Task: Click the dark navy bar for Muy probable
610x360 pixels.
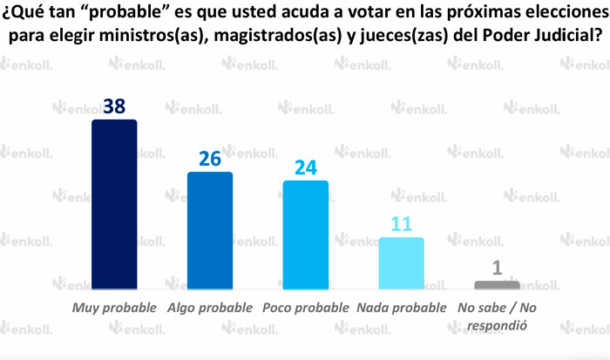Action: [114, 204]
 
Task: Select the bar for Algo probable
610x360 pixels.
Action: [210, 230]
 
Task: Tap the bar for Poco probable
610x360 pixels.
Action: [306, 234]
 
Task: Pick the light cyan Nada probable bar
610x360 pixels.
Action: [402, 262]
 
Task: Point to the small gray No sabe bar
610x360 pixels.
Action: [497, 284]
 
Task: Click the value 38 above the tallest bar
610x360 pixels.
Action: [114, 106]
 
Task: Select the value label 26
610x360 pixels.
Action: [210, 159]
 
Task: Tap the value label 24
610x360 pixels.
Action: [305, 167]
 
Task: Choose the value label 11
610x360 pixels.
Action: [401, 224]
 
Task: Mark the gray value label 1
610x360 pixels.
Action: [498, 268]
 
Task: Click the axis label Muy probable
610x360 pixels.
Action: [114, 308]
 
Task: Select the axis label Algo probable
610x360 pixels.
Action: [210, 308]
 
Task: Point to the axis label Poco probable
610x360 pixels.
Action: [306, 308]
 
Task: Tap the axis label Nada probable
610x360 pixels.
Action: [402, 308]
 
